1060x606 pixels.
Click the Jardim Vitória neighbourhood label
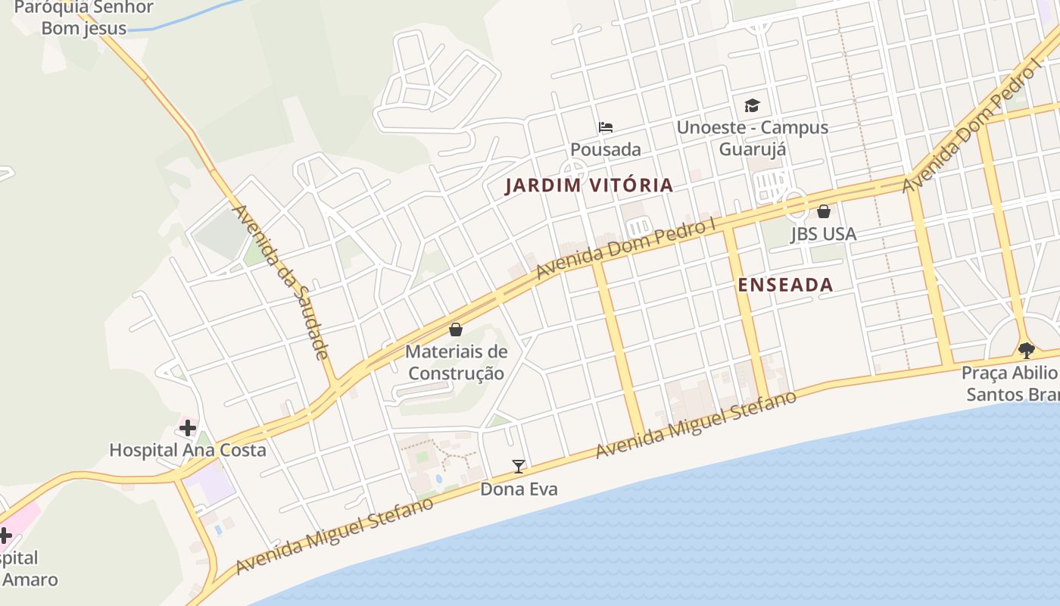click(x=588, y=185)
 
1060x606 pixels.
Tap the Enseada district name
click(x=785, y=285)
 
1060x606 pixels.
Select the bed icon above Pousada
click(x=605, y=127)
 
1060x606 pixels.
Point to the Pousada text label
click(x=605, y=149)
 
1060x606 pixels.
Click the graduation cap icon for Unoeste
click(x=752, y=105)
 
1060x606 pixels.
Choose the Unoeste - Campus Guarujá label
click(x=752, y=138)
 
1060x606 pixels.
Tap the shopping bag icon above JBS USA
click(x=824, y=211)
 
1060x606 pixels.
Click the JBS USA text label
click(x=824, y=234)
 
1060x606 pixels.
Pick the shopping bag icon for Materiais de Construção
click(x=456, y=330)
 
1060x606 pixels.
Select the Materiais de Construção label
click(x=456, y=362)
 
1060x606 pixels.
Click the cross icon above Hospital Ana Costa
click(x=187, y=428)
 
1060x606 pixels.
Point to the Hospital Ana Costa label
click(x=187, y=450)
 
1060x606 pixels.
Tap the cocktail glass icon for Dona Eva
click(x=519, y=467)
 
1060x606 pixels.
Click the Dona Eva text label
click(x=519, y=489)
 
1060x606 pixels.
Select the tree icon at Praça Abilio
click(x=1027, y=350)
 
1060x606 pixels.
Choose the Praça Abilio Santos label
click(x=1011, y=383)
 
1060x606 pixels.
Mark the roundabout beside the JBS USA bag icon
click(x=795, y=203)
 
